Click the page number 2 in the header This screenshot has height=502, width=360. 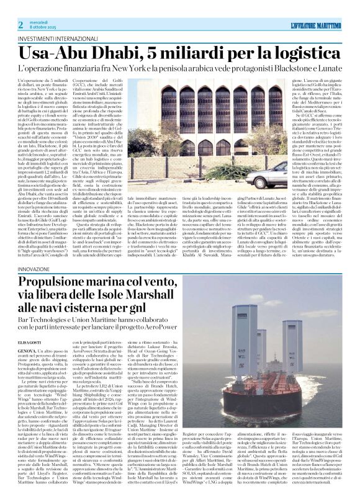coord(20,24)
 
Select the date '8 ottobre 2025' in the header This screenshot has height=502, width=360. coord(45,27)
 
